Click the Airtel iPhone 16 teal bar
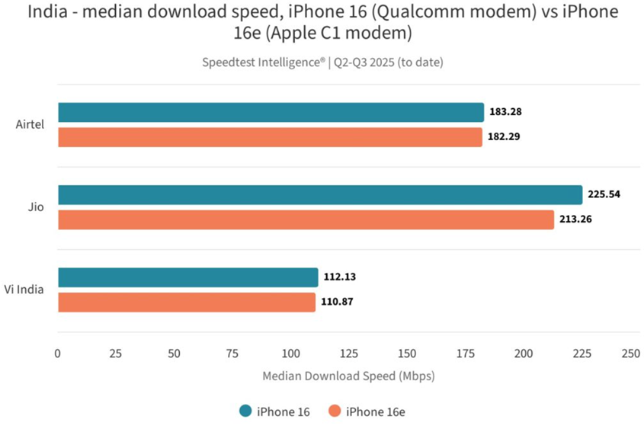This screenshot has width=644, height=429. point(271,112)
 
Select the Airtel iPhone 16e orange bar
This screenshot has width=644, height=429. point(270,137)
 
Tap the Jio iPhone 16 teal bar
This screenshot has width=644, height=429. point(320,194)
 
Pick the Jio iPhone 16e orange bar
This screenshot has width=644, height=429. point(306,219)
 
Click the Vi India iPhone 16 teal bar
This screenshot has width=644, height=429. point(187,277)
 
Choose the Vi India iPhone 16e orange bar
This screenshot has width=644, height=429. point(187,302)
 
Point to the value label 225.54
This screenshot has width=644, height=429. point(604,194)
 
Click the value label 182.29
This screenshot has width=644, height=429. point(505,137)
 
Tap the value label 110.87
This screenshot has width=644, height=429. point(338,302)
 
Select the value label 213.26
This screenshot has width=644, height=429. point(575,219)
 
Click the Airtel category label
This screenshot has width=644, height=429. point(30,124)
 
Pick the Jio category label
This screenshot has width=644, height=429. point(37,206)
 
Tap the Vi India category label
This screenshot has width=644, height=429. point(24,289)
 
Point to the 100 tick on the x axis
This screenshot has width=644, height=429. point(290,354)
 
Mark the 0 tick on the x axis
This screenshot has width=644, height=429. point(58,354)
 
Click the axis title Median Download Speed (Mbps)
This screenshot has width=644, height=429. point(348,376)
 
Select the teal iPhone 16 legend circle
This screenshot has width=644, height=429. point(245,411)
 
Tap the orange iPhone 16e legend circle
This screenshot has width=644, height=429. point(334,411)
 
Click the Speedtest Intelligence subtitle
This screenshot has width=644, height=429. point(322,62)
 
